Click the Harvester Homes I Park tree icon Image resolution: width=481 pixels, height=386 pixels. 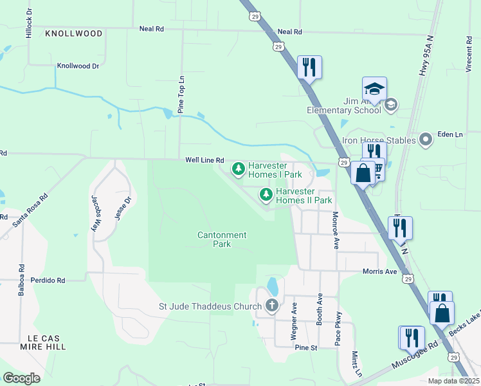point(239,169)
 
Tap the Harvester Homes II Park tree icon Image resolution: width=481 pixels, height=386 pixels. point(266,194)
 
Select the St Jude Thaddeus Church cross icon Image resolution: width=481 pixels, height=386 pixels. point(271,305)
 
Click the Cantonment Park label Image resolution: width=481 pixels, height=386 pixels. point(221,239)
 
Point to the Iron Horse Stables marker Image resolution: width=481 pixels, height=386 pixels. point(425,140)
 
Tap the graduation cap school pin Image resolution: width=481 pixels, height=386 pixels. point(374,88)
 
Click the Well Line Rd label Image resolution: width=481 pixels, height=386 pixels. point(204,160)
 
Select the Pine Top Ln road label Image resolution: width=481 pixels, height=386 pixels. point(181,96)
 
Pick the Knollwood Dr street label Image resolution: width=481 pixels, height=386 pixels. point(78,66)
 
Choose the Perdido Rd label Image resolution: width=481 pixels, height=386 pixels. point(52,280)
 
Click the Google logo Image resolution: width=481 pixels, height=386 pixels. point(22,378)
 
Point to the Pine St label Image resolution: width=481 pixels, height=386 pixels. point(307,347)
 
